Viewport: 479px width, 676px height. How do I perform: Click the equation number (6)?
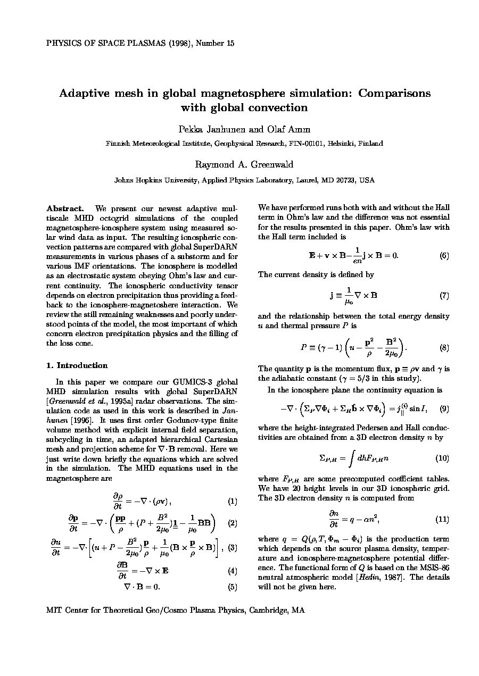coord(444,255)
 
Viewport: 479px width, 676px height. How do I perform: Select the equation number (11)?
coord(442,519)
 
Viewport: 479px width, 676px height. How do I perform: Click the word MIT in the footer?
coord(55,611)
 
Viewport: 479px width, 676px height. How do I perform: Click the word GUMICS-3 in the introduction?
coord(173,382)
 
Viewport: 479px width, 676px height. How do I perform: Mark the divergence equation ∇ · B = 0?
coord(142,587)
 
